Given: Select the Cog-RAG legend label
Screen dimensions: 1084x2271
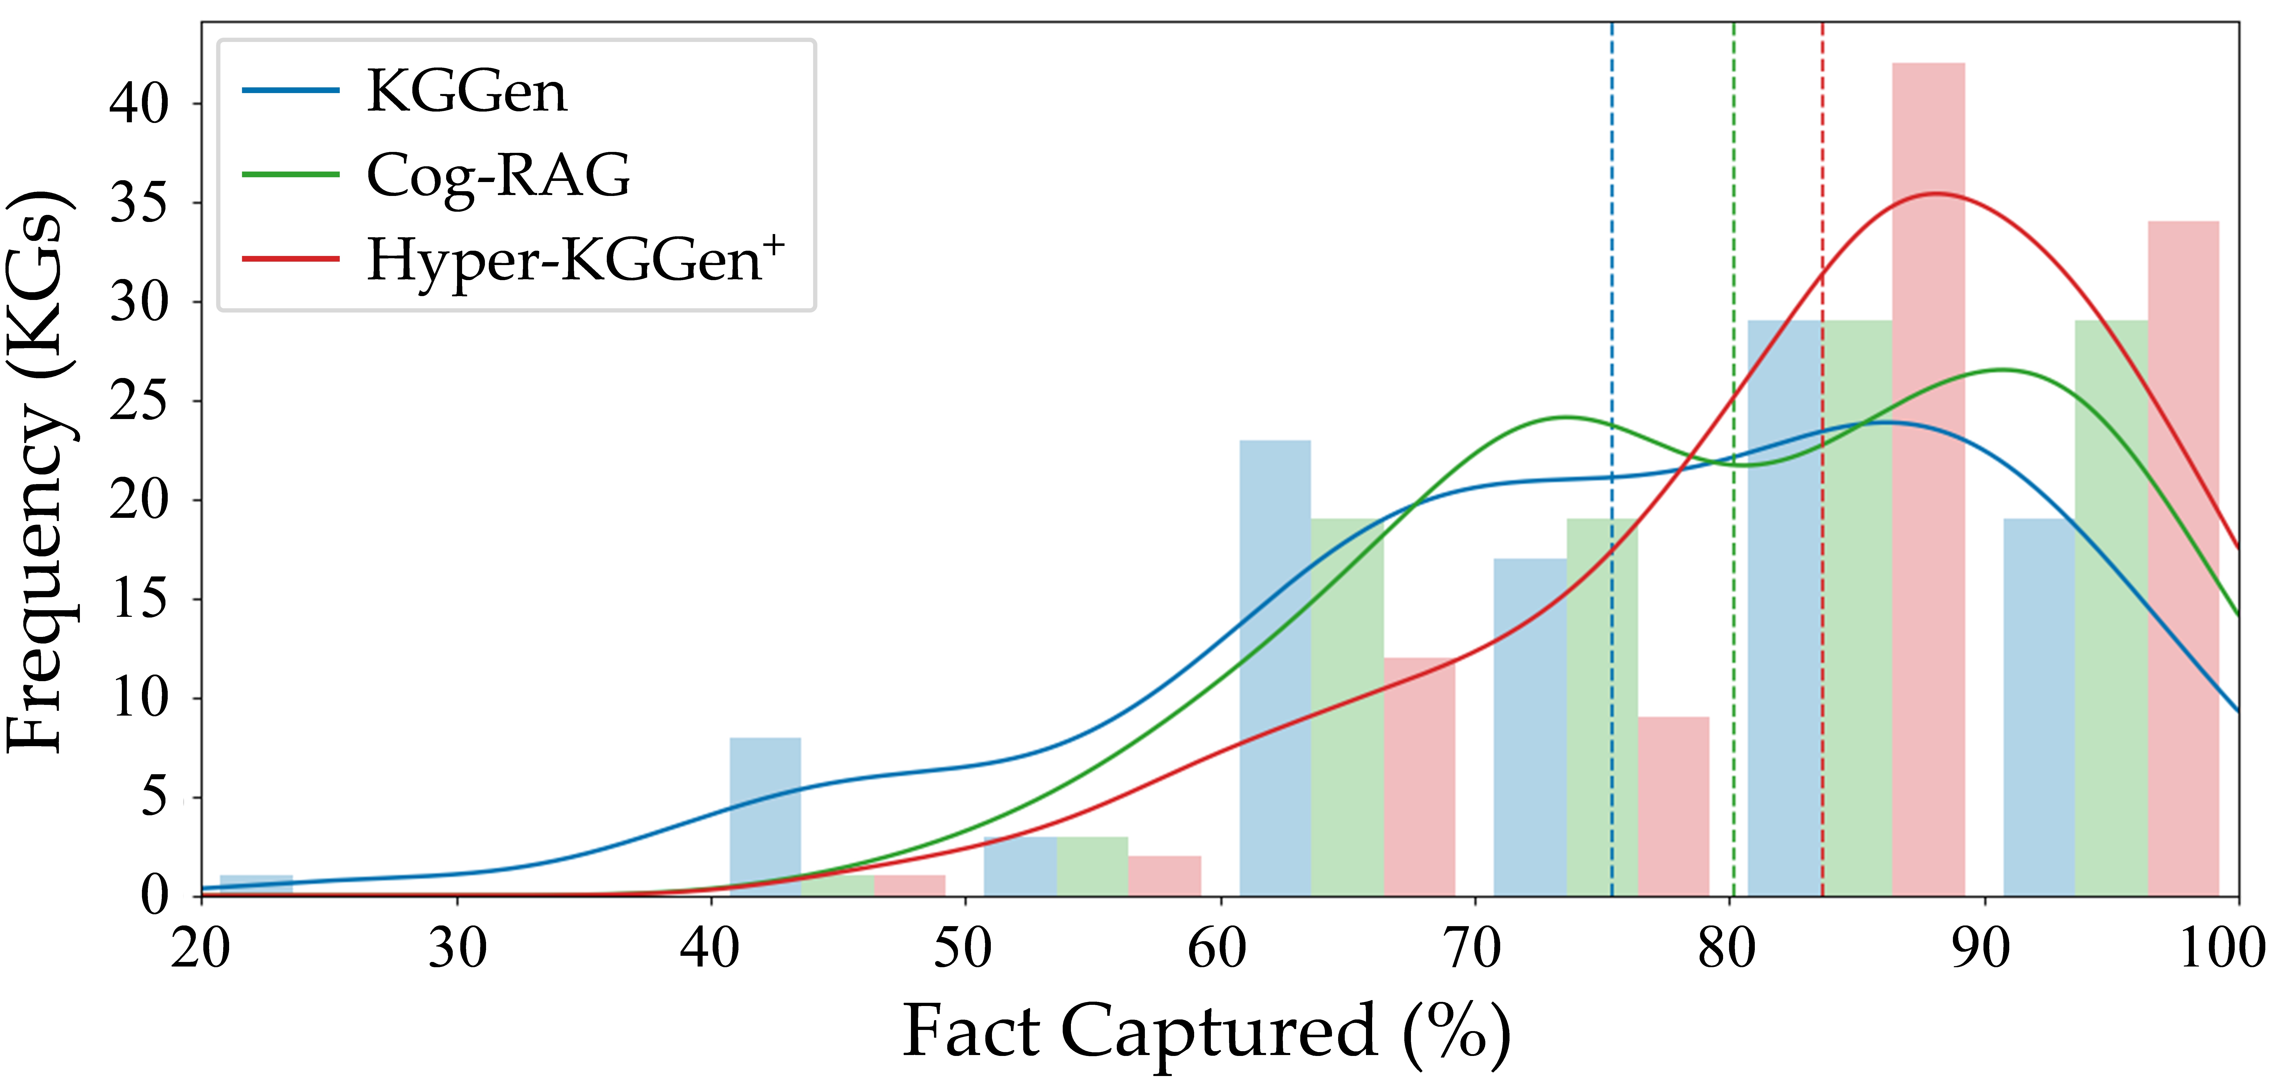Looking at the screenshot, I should (x=498, y=175).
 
